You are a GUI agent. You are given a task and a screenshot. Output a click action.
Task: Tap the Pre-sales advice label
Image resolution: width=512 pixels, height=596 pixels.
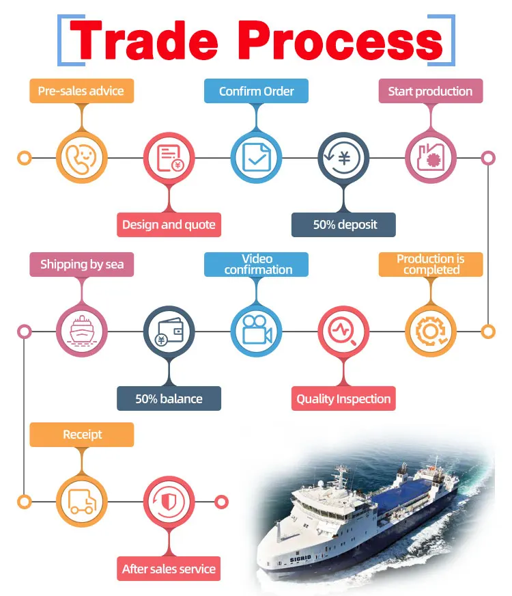coord(81,91)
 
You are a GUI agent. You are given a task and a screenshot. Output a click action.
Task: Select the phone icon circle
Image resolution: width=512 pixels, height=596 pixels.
coord(81,158)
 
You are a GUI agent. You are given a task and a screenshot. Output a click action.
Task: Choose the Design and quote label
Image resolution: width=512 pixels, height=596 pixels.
coord(169,225)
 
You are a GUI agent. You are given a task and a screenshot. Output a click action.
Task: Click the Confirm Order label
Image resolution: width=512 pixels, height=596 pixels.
coord(256,91)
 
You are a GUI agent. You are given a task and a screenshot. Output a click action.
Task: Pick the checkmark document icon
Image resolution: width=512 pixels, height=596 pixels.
coord(256,158)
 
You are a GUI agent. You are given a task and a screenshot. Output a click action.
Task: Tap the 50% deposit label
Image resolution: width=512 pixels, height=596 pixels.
coord(344,225)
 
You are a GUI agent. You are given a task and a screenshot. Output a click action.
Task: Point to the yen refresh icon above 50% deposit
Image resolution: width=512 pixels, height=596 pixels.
coord(344,158)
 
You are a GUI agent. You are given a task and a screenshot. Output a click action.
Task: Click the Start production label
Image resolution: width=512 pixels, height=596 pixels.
coord(430,91)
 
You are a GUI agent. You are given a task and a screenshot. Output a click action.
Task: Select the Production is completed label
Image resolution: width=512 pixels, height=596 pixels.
coord(430,265)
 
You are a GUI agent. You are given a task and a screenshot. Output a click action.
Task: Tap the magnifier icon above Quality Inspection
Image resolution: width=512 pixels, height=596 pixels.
coord(344,331)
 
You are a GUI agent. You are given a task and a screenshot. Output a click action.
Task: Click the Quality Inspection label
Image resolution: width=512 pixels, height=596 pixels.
coord(344,398)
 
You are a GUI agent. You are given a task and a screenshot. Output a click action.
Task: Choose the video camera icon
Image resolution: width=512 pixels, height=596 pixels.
coord(256,331)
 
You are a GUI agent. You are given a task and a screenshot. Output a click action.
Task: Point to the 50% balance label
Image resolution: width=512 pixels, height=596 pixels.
coord(169,398)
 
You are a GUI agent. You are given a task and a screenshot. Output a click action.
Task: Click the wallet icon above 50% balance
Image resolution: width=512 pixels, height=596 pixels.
coord(169,331)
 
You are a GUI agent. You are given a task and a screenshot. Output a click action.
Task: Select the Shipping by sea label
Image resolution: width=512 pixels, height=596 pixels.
coord(81,265)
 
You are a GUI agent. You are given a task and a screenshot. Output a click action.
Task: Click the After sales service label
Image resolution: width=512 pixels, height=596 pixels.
coord(169,569)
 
